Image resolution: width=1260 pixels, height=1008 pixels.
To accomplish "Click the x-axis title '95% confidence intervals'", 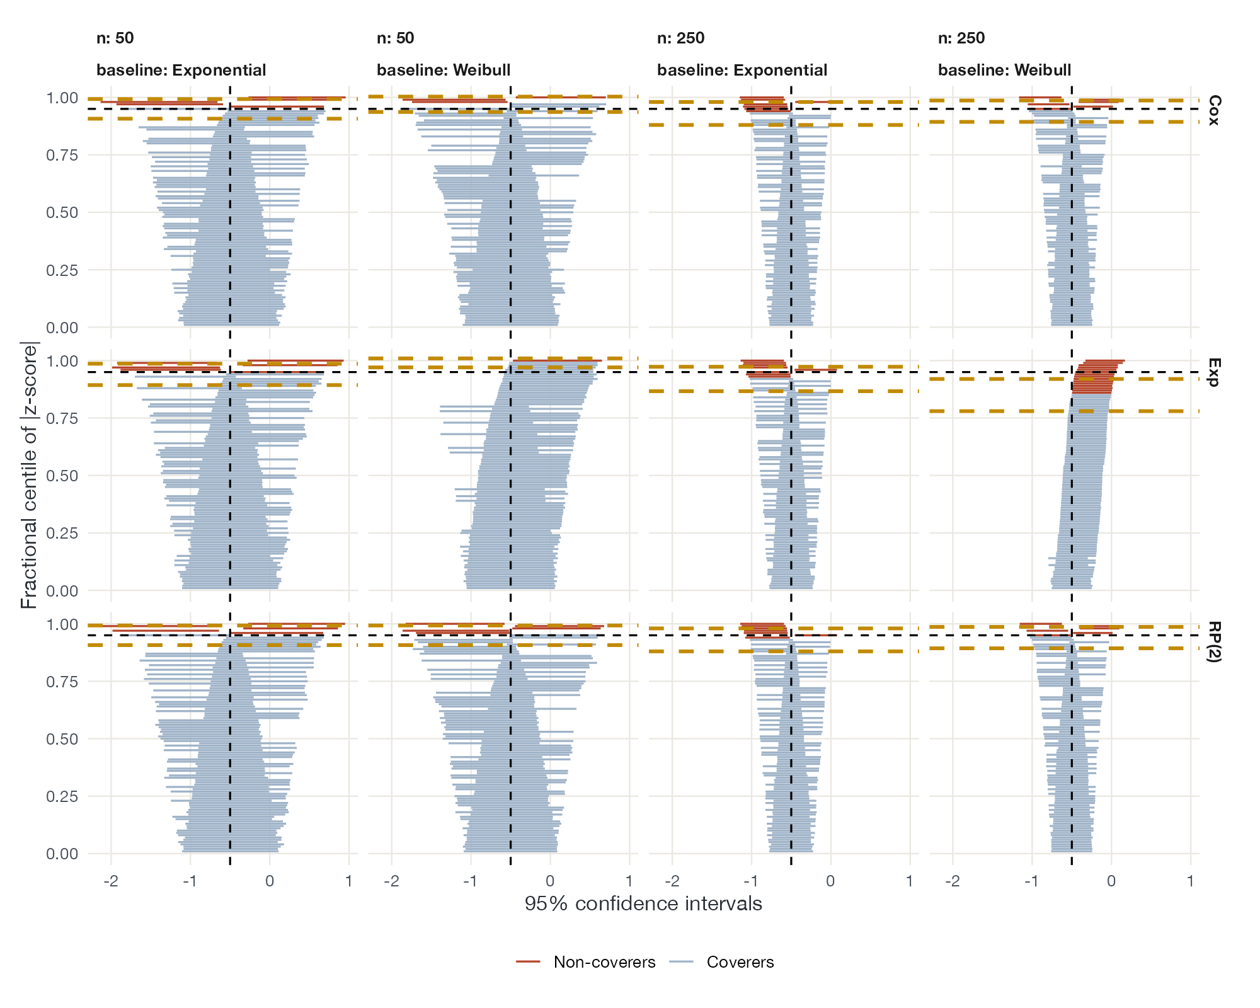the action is click(643, 904).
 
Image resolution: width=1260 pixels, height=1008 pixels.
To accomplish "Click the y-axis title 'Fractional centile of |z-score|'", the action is click(29, 475).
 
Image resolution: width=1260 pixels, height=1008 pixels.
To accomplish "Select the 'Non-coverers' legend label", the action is click(605, 962).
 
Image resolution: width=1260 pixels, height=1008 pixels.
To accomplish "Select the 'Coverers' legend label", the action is click(740, 962).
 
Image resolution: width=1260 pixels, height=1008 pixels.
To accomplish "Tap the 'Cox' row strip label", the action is click(1215, 110).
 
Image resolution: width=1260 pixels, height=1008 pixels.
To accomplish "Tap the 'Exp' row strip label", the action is click(1215, 372).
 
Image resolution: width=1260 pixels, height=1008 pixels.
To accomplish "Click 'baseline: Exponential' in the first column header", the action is click(181, 70).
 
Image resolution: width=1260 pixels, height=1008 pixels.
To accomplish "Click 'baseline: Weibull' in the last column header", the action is click(1005, 70).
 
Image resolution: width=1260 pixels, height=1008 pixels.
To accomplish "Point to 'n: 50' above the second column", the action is click(396, 38).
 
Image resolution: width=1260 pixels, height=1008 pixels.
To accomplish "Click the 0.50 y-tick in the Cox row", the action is click(62, 213).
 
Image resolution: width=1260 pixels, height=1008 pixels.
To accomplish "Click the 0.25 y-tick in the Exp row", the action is click(62, 534).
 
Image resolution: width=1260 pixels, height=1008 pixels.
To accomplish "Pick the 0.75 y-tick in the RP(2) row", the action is click(62, 682).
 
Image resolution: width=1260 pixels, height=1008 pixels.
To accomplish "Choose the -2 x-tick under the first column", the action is click(111, 880).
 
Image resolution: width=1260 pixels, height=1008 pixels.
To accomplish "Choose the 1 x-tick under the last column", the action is click(1191, 880).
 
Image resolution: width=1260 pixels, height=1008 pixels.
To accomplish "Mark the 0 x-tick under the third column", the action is click(830, 880).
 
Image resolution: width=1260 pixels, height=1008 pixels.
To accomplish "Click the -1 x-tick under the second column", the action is click(470, 880).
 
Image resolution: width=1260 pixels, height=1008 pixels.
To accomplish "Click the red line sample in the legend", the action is click(528, 962).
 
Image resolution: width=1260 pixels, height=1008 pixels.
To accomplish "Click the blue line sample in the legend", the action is click(681, 962).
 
